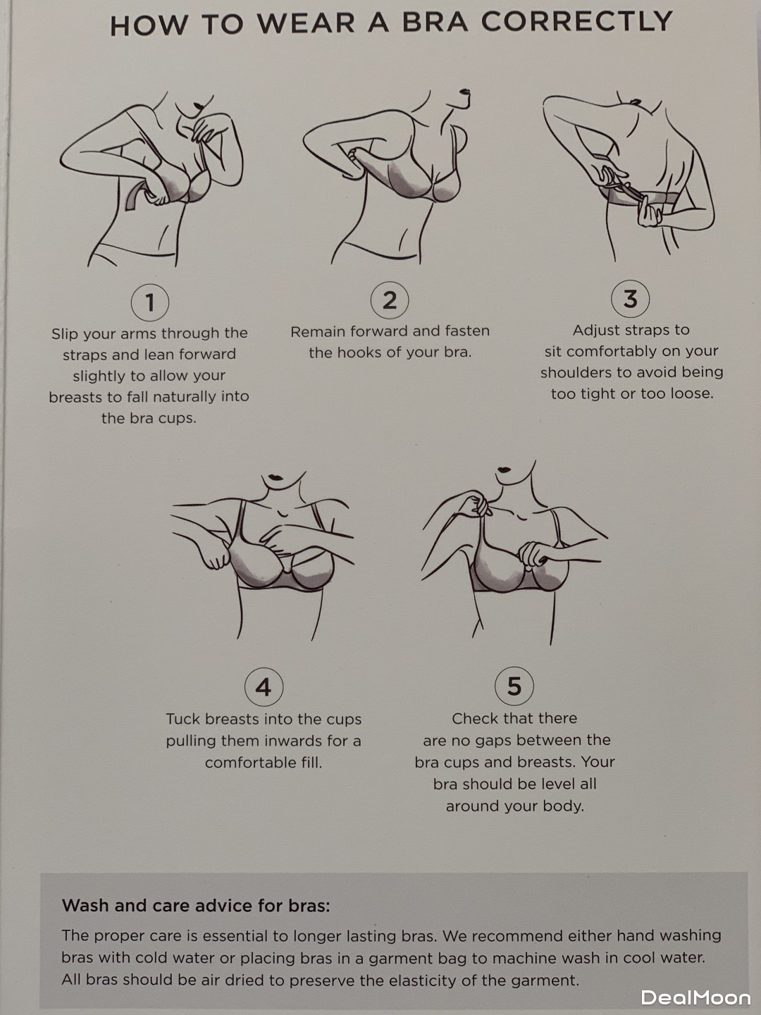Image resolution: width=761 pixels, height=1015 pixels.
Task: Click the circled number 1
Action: pyautogui.click(x=149, y=302)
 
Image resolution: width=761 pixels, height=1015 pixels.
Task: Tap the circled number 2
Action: pyautogui.click(x=390, y=300)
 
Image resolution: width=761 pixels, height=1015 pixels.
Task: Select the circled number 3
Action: pyautogui.click(x=630, y=299)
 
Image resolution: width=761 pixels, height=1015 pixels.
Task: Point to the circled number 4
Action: pyautogui.click(x=264, y=687)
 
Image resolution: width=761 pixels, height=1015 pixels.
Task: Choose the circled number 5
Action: pyautogui.click(x=514, y=686)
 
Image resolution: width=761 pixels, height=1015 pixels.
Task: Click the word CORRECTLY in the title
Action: pyautogui.click(x=576, y=22)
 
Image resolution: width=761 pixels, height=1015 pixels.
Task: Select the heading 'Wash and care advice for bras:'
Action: pyautogui.click(x=197, y=905)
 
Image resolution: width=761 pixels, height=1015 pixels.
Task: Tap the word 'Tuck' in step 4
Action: pyautogui.click(x=183, y=719)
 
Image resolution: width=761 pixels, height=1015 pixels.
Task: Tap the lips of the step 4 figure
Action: pyautogui.click(x=276, y=477)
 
